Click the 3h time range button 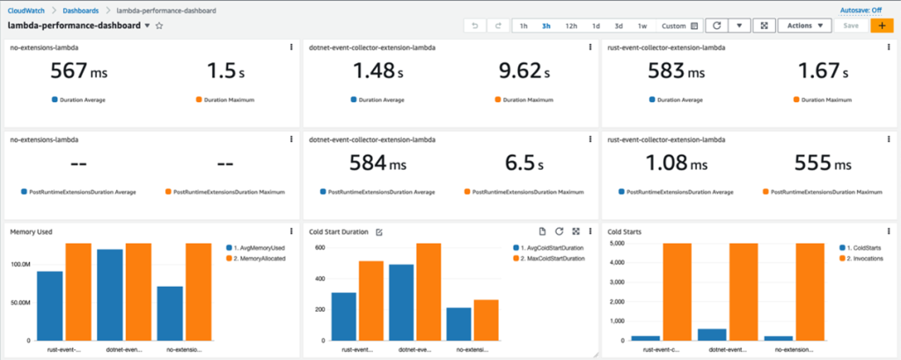[x=546, y=26]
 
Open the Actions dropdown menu [x=804, y=26]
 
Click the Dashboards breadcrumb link [x=80, y=9]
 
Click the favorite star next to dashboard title [x=159, y=26]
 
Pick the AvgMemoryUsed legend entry [x=259, y=247]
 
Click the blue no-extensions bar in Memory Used [x=171, y=312]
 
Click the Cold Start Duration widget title [x=338, y=231]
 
